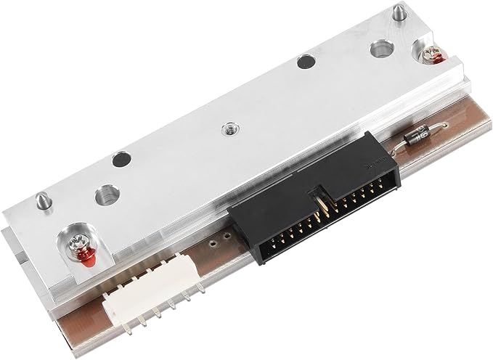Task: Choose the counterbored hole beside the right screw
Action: [x=380, y=50]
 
